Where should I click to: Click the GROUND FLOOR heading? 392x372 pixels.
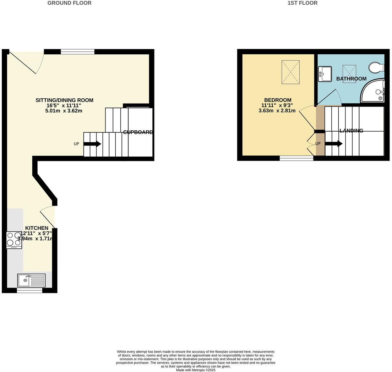point(69,3)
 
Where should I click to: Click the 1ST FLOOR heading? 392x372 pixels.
point(302,3)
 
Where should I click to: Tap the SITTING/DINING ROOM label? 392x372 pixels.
point(64,100)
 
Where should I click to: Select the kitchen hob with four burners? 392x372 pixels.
point(14,240)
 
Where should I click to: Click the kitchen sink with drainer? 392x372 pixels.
point(31,280)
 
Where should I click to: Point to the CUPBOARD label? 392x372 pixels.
point(138,132)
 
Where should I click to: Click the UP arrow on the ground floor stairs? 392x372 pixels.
point(92,144)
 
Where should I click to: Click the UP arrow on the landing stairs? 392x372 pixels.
point(333,144)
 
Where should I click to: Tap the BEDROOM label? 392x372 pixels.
point(278,100)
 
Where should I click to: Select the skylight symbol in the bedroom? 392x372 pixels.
point(290,72)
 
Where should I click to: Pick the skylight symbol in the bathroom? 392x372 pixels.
point(349,73)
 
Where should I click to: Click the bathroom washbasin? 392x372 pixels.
point(325,74)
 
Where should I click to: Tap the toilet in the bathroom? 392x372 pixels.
point(376,67)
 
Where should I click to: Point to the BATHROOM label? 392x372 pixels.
point(351,79)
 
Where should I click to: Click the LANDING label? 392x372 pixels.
point(351,131)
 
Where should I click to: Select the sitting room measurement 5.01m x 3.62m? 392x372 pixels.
point(64,111)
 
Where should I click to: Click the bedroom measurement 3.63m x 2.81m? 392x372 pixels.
point(277,111)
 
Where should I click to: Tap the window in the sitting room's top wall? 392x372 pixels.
point(77,52)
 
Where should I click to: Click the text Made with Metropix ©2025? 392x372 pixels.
point(196,370)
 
